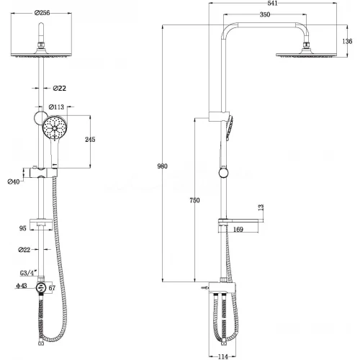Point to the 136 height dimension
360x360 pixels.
click(348, 42)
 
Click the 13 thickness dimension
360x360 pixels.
click(260, 207)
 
